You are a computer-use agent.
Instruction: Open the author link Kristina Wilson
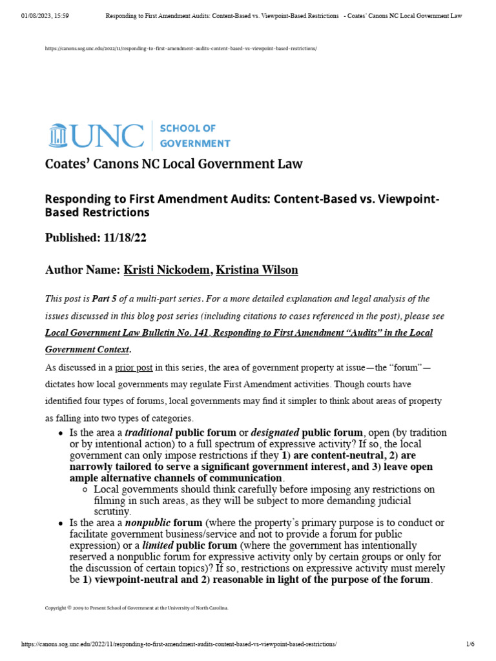point(256,270)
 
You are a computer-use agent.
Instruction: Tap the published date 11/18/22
point(125,238)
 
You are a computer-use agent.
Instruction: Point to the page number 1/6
point(470,644)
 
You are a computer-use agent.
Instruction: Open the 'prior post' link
point(134,368)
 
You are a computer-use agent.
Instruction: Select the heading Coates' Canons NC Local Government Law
point(173,164)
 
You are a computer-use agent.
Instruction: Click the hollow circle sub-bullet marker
point(85,489)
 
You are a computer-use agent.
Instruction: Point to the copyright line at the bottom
point(136,607)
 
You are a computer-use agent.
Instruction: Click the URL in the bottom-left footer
point(179,644)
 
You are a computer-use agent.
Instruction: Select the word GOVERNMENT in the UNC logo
point(195,143)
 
